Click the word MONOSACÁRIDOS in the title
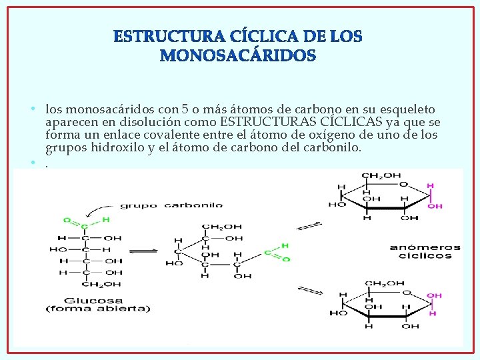237,56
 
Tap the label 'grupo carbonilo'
171,205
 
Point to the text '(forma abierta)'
98,308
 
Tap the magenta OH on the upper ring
435,207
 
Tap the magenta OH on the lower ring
434,295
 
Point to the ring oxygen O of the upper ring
402,184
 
